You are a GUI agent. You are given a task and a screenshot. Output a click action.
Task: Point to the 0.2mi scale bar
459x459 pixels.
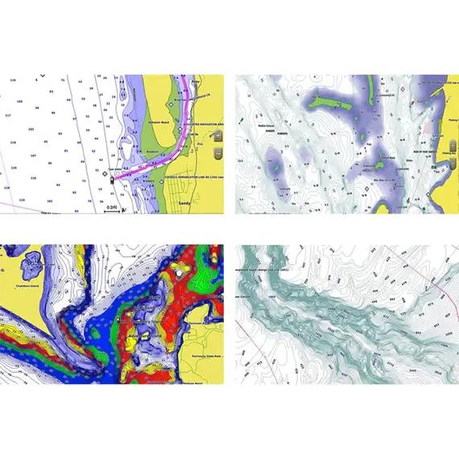point(114,208)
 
